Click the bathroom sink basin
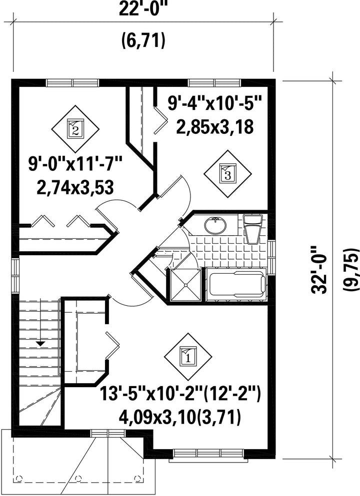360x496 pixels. pos(215,225)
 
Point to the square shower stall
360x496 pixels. pos(186,285)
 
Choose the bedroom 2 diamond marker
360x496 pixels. pos(75,128)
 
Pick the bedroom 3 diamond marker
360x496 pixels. pos(227,173)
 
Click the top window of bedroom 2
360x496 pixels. pos(73,83)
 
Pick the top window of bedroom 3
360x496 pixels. pos(214,83)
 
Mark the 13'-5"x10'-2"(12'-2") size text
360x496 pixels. pos(180,394)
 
